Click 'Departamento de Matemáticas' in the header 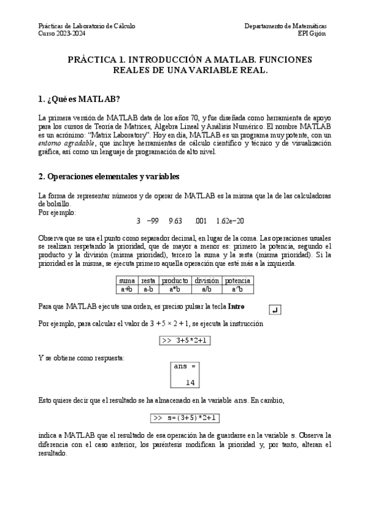[285, 27]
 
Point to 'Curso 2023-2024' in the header [62, 34]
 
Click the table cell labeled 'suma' [127, 280]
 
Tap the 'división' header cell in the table [206, 280]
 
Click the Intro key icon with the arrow [274, 310]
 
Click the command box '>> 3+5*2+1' [184, 341]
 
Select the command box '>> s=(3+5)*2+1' [185, 418]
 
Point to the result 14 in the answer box [190, 382]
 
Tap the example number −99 [152, 220]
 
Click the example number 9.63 [175, 220]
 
